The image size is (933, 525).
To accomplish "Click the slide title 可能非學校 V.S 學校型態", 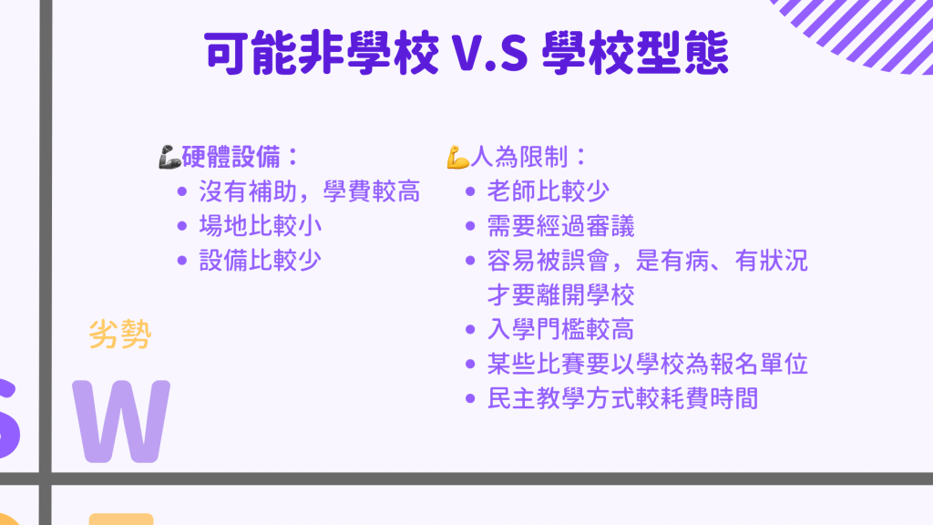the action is (x=466, y=53).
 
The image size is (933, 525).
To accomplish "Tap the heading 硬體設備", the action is (x=231, y=157).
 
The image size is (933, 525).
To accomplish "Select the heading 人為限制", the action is (x=519, y=157).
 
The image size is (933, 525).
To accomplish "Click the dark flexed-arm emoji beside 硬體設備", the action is (x=169, y=157).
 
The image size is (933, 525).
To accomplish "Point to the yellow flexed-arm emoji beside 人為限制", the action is (x=458, y=157).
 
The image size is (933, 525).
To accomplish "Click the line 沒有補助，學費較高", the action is (x=310, y=191).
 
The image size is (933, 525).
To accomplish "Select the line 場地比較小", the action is (x=260, y=226).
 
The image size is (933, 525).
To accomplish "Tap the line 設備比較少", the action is (x=260, y=261).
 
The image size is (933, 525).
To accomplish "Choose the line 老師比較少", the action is (x=548, y=191).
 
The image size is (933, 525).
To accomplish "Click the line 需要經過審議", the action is (x=560, y=226).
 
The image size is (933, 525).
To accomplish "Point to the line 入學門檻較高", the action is (x=560, y=330).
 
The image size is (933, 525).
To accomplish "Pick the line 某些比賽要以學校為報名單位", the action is (x=648, y=365).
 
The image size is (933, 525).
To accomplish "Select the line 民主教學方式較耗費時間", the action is (x=622, y=399).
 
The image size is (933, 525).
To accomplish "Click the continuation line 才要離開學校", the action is (x=560, y=295).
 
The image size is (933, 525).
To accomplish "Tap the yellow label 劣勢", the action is (x=120, y=334).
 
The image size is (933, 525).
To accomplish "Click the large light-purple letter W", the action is (x=121, y=421).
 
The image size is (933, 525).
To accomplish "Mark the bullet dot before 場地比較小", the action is (x=182, y=226).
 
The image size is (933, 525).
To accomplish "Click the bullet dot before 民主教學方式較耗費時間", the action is (x=470, y=399).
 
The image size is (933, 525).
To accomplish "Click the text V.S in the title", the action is (x=489, y=54).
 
